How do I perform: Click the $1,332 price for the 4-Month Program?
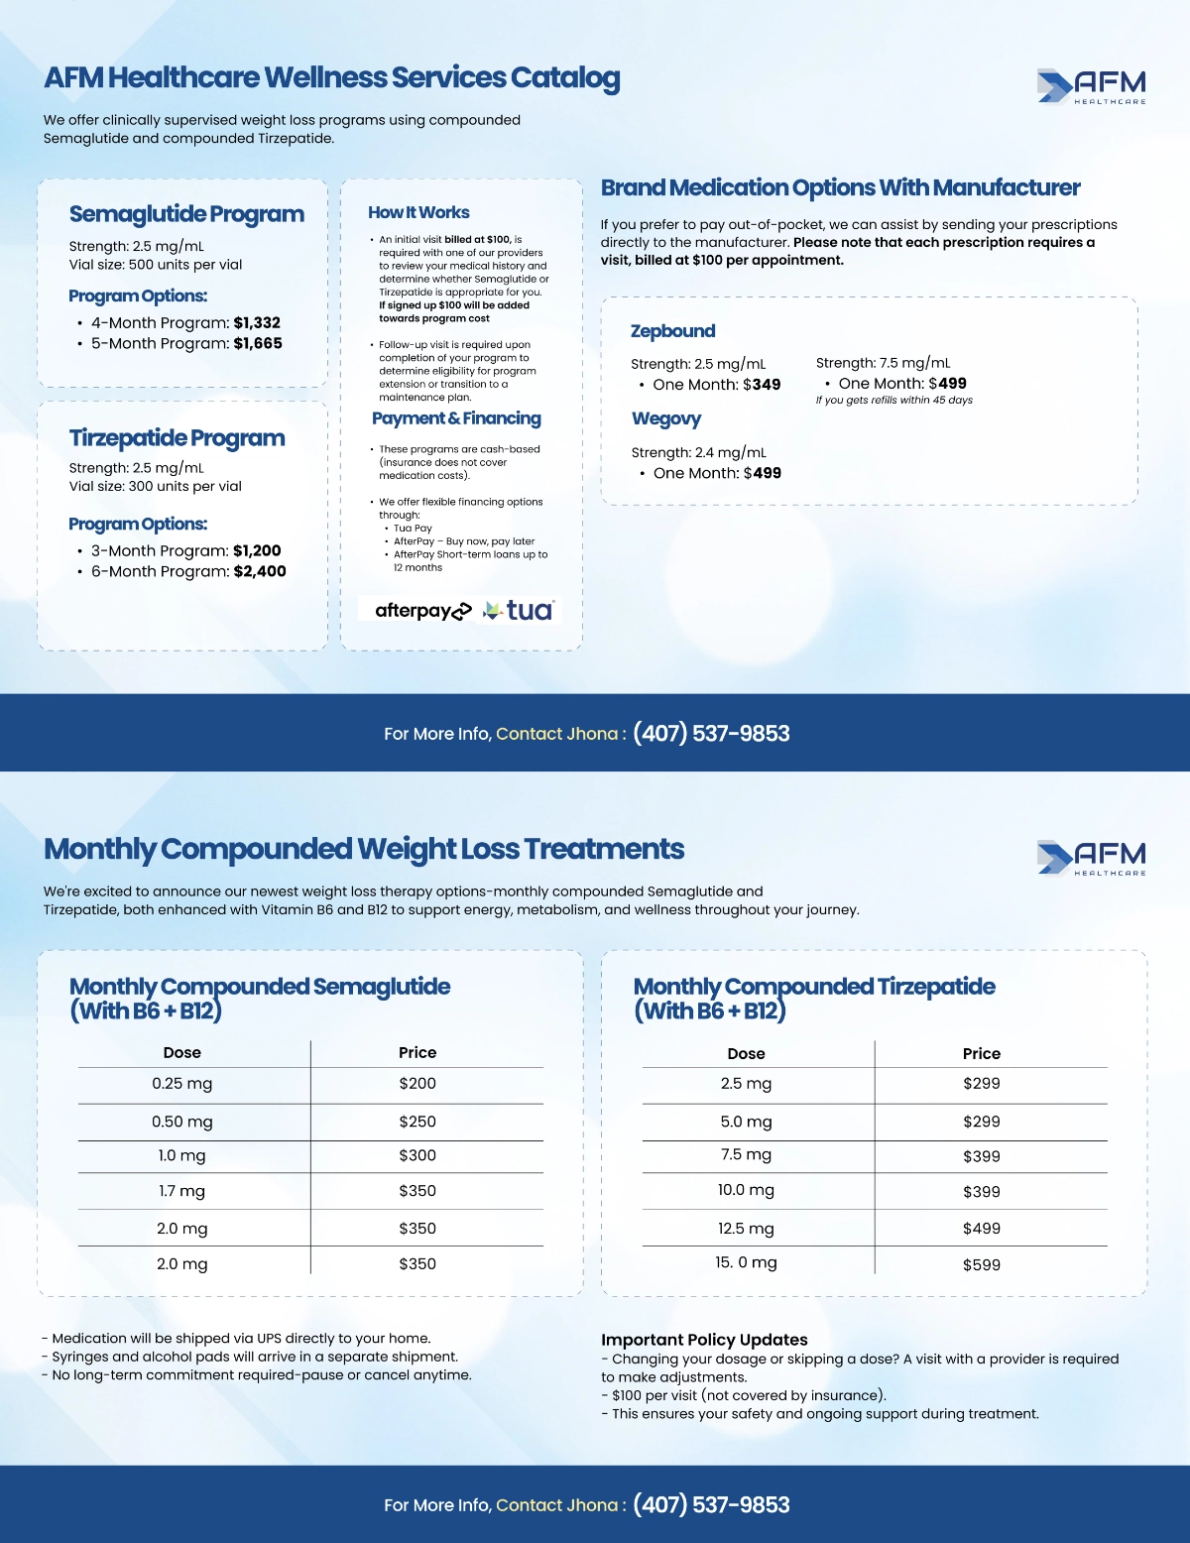click(257, 322)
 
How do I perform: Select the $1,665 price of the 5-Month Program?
click(258, 343)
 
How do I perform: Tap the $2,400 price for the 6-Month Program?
click(260, 571)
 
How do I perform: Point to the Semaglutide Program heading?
click(186, 214)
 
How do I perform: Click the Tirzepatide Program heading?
click(177, 438)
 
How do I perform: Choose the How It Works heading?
click(418, 212)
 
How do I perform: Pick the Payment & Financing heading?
click(456, 418)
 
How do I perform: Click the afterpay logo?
click(422, 611)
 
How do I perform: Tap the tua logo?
click(519, 611)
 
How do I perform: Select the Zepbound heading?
click(672, 331)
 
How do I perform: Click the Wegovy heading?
click(665, 418)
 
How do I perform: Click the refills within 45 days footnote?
click(893, 401)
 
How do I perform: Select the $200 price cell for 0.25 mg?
click(417, 1084)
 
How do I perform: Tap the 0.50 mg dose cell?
click(182, 1122)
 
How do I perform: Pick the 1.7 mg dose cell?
click(182, 1191)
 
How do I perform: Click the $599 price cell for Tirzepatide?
click(981, 1264)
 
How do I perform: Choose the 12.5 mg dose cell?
click(746, 1229)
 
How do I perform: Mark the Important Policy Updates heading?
click(704, 1340)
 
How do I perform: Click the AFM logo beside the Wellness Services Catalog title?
click(1091, 86)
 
